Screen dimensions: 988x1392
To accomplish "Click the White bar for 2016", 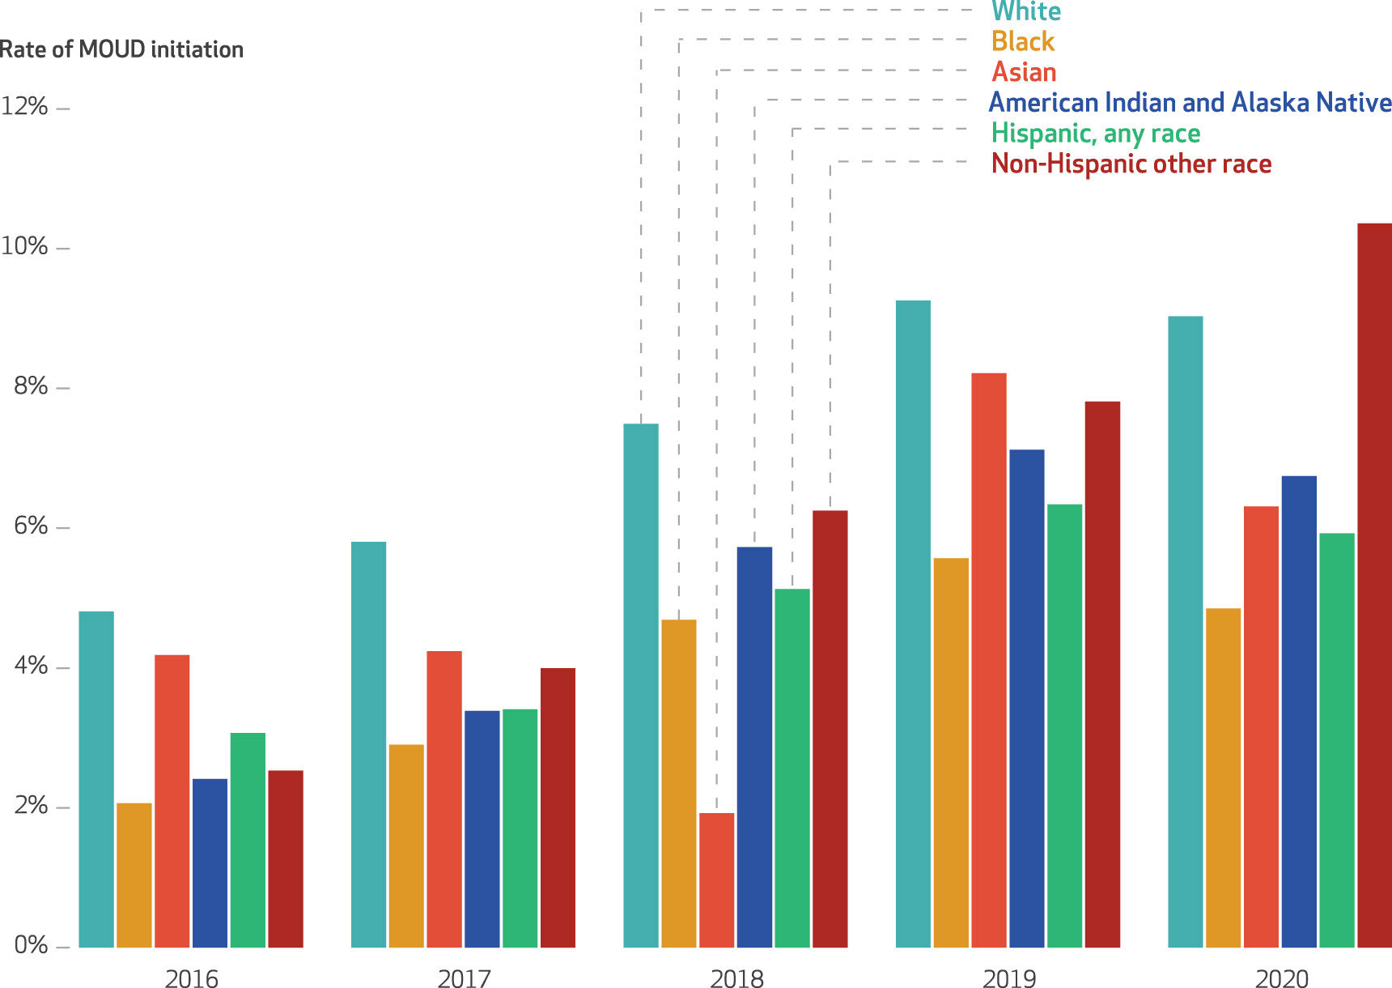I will point(96,779).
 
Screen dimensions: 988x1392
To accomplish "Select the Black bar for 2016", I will point(134,875).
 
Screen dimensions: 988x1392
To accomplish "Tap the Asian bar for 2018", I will point(716,880).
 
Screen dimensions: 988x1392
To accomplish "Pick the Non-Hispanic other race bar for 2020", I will point(1374,585).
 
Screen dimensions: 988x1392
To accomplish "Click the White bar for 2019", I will point(913,624).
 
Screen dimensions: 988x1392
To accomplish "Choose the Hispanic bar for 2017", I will point(520,828).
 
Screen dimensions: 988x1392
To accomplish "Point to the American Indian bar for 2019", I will point(1026,698).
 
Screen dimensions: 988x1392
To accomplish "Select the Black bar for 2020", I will point(1223,777).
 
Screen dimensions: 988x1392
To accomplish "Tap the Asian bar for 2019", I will point(989,660).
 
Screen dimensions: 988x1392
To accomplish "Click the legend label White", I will point(1026,11).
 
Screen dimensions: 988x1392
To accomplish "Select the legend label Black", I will point(1023,41).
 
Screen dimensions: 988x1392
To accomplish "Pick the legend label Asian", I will point(1024,72).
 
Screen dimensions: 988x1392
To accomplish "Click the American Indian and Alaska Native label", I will point(1190,103).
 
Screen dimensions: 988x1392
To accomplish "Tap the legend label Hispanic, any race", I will point(1096,133).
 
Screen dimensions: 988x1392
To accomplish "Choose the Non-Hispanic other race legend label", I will point(1131,164).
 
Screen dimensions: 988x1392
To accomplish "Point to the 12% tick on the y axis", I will point(24,107).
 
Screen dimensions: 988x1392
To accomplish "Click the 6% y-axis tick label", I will point(31,527).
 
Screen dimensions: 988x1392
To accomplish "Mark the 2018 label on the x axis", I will point(736,978).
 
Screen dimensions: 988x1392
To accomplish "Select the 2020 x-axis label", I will point(1281,978).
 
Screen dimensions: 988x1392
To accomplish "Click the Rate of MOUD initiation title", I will point(121,49).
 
